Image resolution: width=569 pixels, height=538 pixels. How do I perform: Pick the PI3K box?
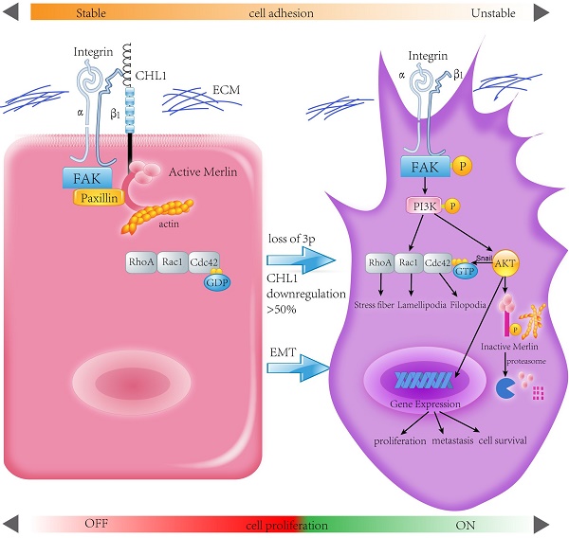point(424,206)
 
